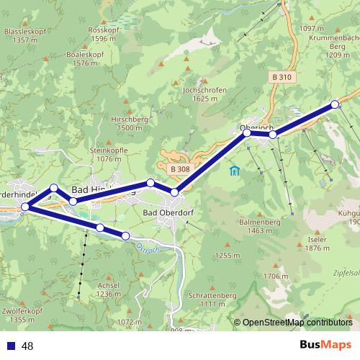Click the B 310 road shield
pyautogui.click(x=283, y=76)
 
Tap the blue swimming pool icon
pyautogui.click(x=234, y=171)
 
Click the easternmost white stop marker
pyautogui.click(x=335, y=104)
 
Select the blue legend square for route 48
pyautogui.click(x=11, y=346)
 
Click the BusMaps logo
pyautogui.click(x=325, y=345)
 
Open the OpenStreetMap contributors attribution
pyautogui.click(x=297, y=323)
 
